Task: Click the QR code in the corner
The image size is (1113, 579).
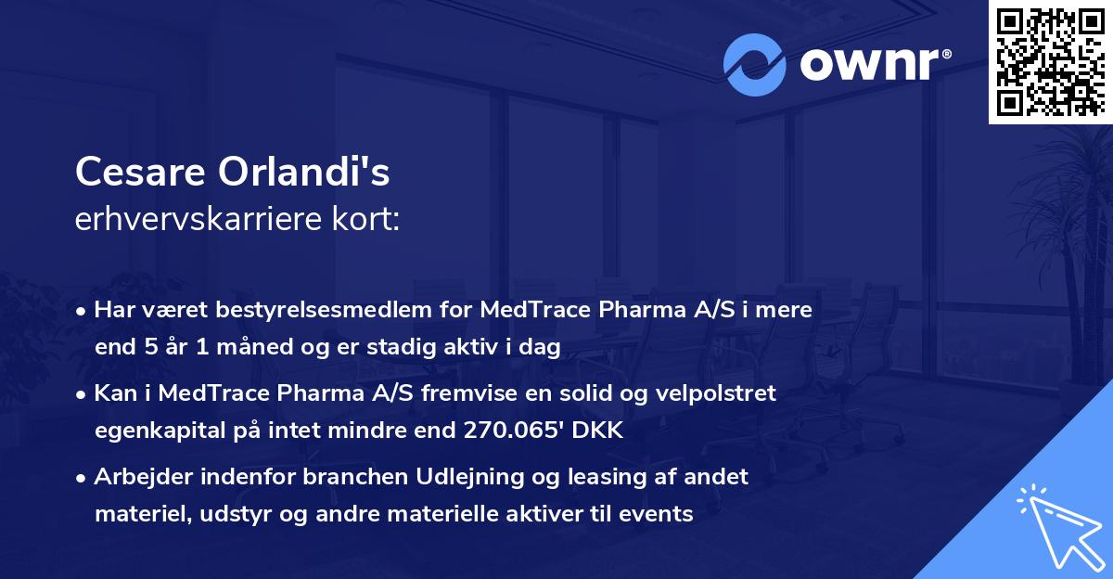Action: (1049, 61)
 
